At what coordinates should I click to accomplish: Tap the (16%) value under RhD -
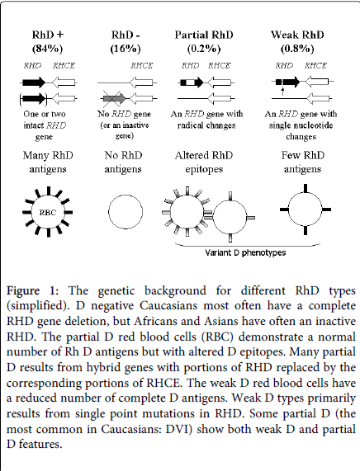click(x=127, y=46)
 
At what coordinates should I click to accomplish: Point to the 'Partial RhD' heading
click(x=207, y=34)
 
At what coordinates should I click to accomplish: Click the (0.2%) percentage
click(x=207, y=46)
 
